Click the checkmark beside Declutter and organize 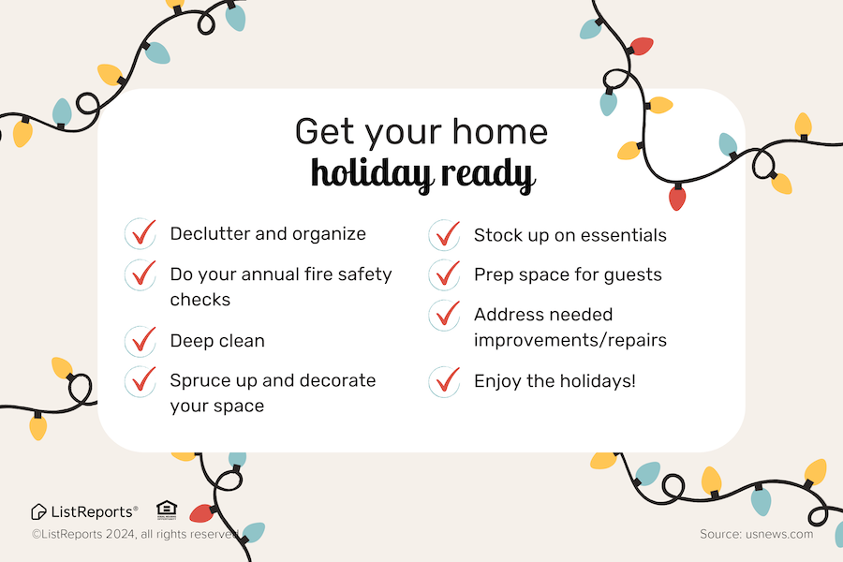tap(143, 232)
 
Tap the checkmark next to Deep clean tap(143, 339)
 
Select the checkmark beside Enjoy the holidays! tap(448, 379)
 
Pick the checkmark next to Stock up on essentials tap(448, 234)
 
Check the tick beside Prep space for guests tap(448, 274)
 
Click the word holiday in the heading tap(372, 174)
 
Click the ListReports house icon tap(38, 512)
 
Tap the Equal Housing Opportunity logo tap(166, 510)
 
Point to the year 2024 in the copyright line tap(121, 534)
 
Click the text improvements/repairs tap(570, 340)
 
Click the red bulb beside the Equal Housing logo tap(202, 513)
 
